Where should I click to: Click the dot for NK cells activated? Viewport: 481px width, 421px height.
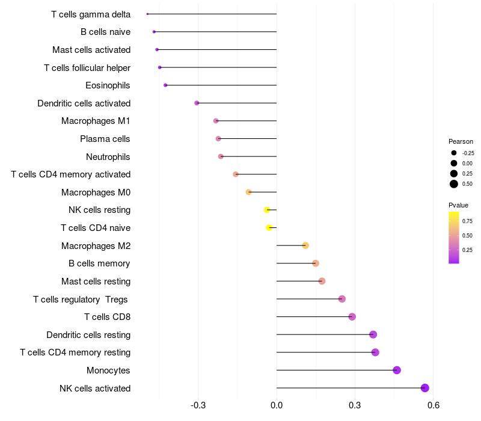tap(425, 388)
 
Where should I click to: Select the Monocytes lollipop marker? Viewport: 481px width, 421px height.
tap(397, 370)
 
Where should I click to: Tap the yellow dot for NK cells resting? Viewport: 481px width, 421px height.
tap(267, 210)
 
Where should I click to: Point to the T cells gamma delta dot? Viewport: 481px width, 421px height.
tap(147, 14)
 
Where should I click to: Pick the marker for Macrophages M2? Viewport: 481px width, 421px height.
tap(305, 245)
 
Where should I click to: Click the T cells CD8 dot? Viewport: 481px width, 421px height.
tap(352, 317)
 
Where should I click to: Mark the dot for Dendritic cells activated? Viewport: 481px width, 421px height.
tap(197, 103)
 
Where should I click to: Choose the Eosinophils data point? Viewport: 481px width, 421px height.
tap(165, 85)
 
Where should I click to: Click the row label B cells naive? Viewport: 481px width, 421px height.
tap(105, 32)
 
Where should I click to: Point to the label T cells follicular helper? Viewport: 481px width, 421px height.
tap(87, 67)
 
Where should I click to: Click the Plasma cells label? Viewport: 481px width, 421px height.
tap(105, 139)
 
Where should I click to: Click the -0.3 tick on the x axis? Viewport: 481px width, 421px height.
tap(198, 406)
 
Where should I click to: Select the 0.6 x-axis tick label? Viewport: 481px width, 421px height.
tap(433, 406)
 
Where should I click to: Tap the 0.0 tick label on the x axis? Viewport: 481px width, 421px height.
tap(277, 406)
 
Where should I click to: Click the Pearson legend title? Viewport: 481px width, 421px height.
tap(461, 141)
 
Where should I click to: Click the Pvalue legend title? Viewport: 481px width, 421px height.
tap(458, 205)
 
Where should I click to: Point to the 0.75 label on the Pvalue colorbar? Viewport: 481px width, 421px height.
tap(467, 221)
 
